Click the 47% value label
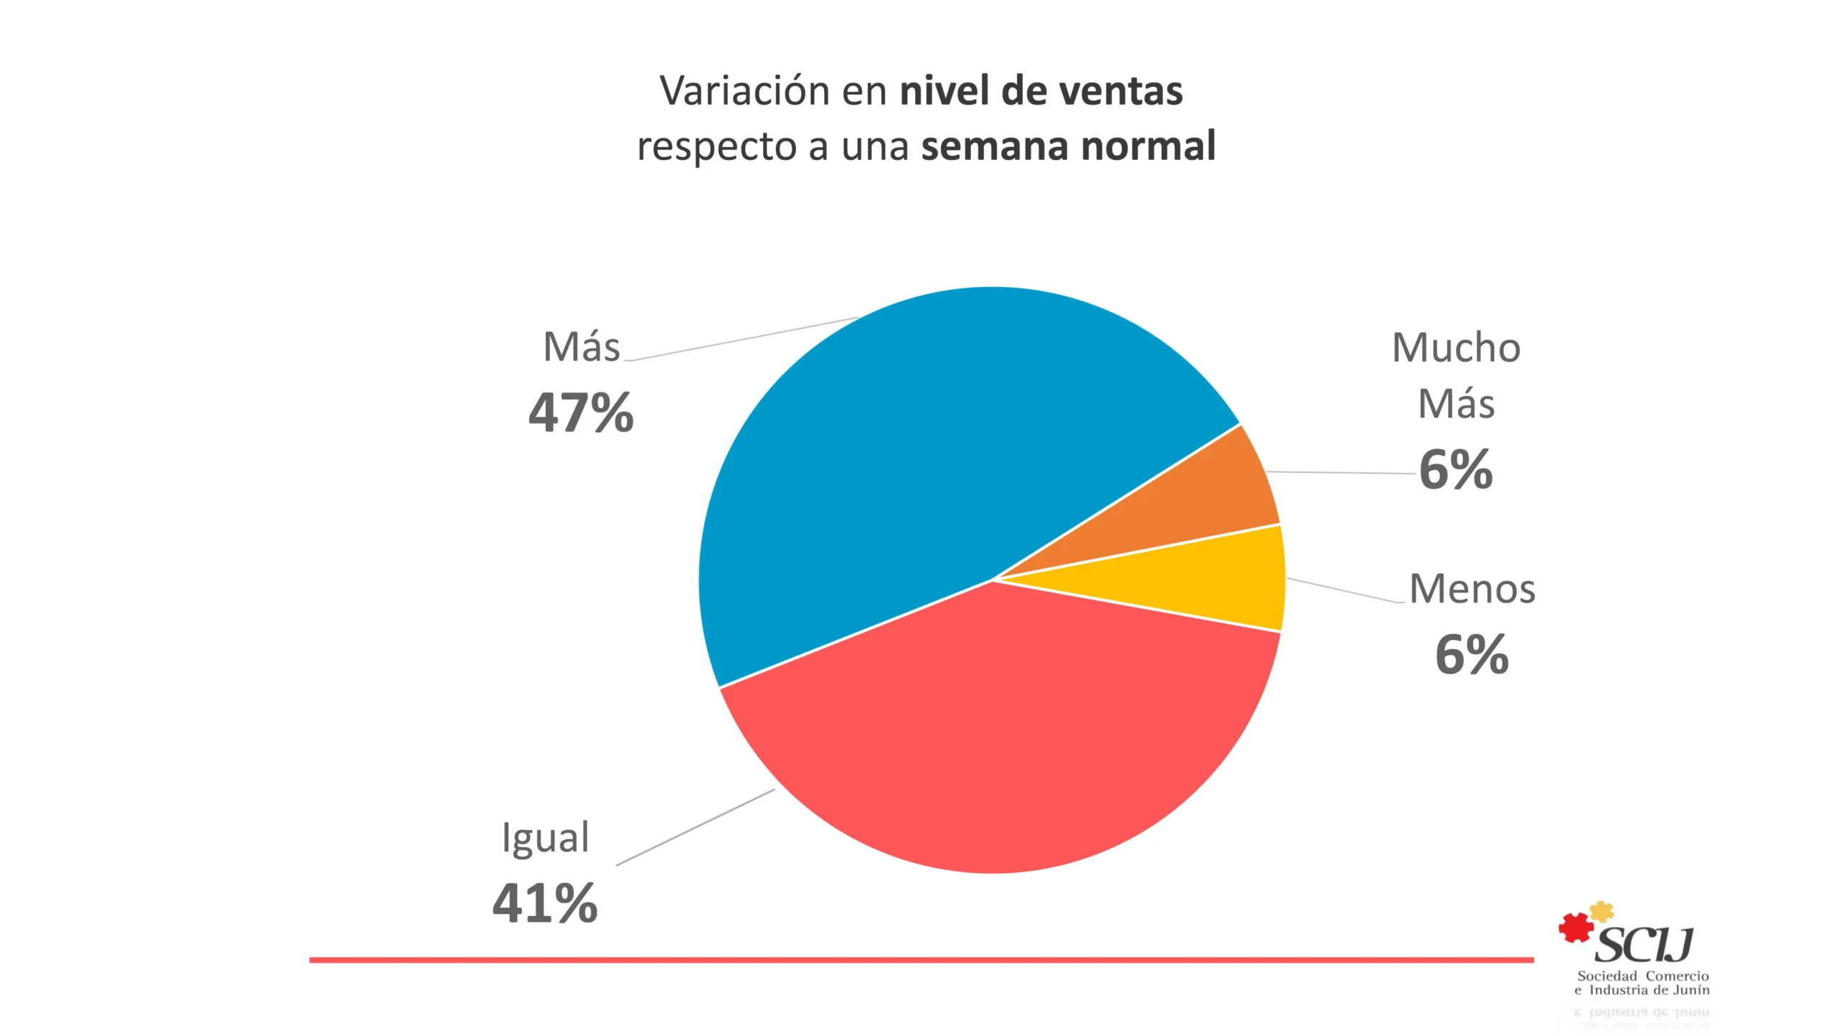tap(581, 413)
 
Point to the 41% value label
tap(545, 903)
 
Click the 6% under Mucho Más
tap(1456, 471)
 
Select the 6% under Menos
tap(1472, 655)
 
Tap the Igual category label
tap(545, 838)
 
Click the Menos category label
tap(1472, 589)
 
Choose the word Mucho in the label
tap(1456, 348)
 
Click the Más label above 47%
tap(581, 347)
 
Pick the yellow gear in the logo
tap(1601, 912)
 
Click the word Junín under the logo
tap(1691, 991)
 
